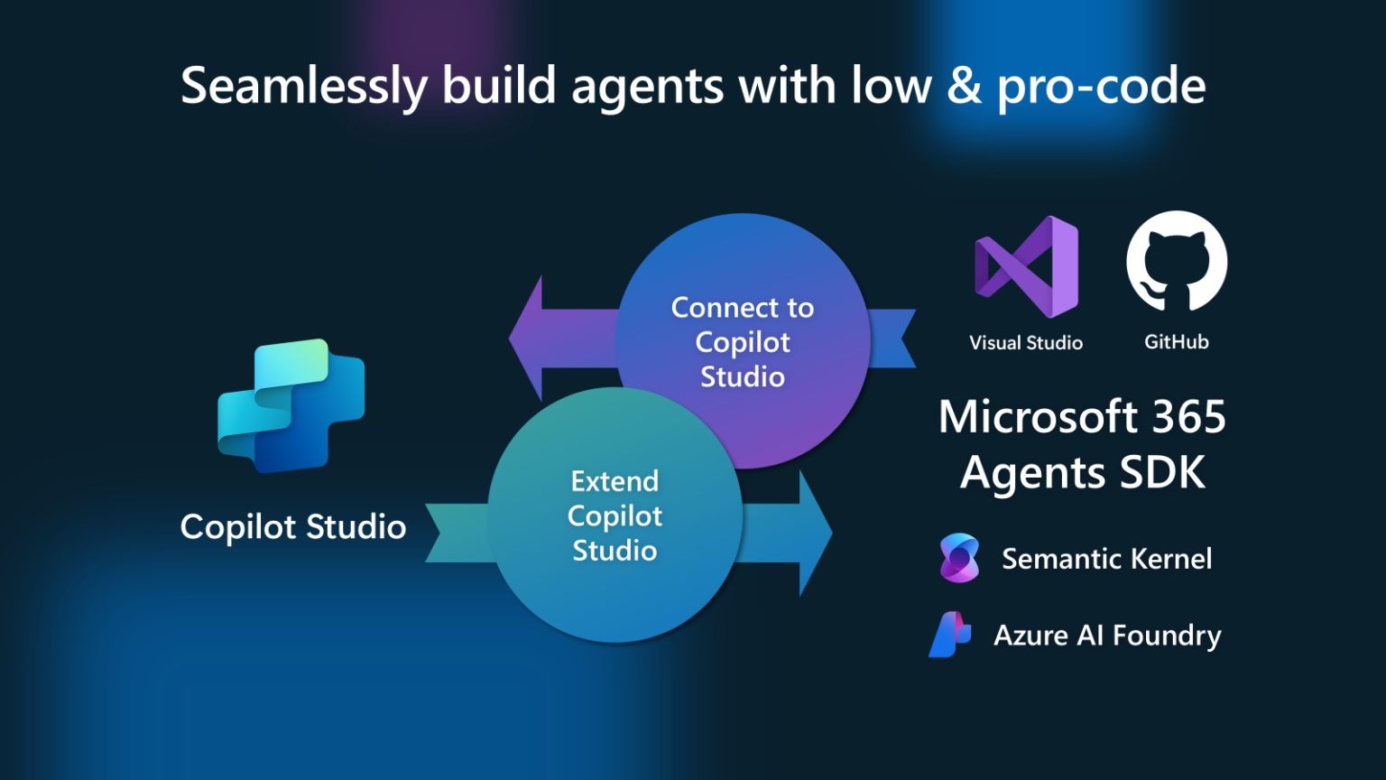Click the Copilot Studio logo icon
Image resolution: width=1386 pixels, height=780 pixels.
[291, 405]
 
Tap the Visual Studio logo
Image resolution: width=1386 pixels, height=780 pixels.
[1027, 267]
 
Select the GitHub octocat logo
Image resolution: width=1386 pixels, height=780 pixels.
[1177, 262]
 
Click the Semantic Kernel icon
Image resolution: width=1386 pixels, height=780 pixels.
[959, 558]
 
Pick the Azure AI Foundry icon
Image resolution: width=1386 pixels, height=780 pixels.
[950, 635]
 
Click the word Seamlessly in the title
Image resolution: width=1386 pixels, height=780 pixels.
[304, 88]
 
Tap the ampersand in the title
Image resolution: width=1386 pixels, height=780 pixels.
[965, 87]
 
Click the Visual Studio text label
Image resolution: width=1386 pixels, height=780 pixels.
[1026, 343]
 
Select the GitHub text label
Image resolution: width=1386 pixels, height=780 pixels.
[1177, 342]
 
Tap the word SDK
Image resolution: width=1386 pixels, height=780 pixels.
[1162, 472]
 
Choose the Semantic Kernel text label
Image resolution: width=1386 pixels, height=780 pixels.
[1106, 559]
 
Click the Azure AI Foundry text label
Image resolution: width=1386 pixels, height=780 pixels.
[1107, 636]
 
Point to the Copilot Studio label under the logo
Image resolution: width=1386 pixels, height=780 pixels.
[293, 527]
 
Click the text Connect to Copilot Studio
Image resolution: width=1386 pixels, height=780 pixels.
[743, 342]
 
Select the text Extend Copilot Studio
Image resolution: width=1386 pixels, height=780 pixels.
[615, 515]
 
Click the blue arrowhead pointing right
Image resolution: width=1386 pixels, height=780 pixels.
[814, 533]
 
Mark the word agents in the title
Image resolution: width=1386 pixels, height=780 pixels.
[647, 88]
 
